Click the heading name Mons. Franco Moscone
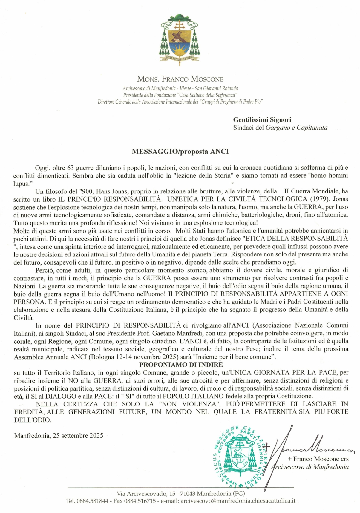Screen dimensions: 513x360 click(x=180, y=79)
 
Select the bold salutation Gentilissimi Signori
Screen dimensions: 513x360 click(x=262, y=120)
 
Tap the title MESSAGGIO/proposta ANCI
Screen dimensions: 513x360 click(x=180, y=151)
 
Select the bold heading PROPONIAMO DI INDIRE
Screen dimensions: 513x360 click(x=181, y=365)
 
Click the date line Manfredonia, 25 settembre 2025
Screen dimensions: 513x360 click(x=59, y=436)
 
